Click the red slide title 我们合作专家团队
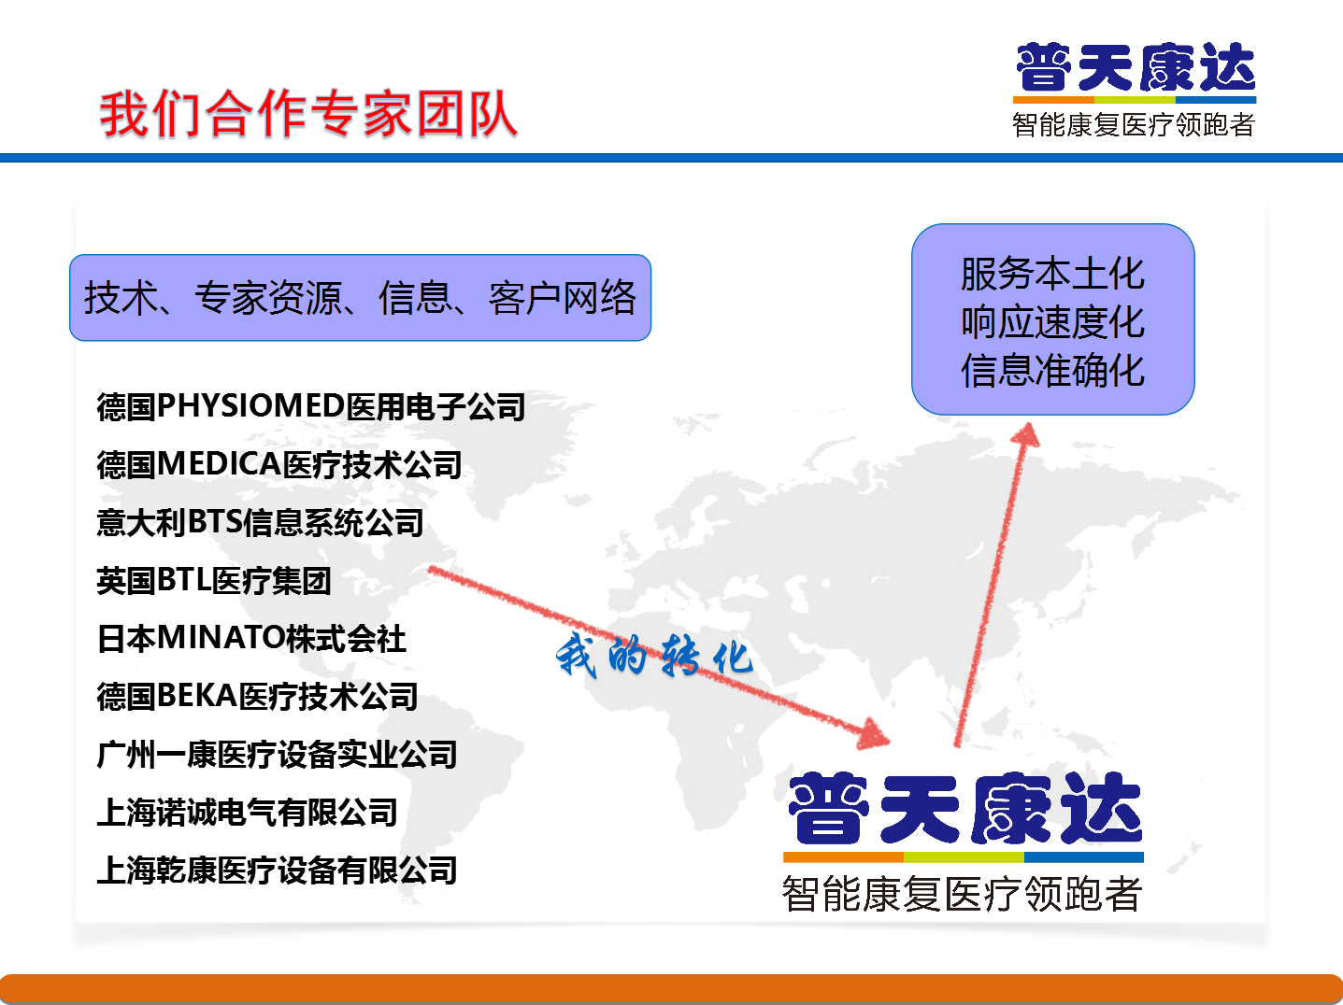pos(309,113)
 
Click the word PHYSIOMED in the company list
pos(250,405)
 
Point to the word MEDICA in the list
pos(219,463)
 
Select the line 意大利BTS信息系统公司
pos(260,522)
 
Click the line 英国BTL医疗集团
pos(213,580)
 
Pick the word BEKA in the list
pos(197,696)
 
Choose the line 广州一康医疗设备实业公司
pos(278,754)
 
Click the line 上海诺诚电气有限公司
pos(247,812)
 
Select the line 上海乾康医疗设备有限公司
pos(278,870)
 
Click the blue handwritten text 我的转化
pos(654,655)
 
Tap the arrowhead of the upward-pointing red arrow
pos(1026,434)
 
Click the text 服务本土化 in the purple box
pos(1052,274)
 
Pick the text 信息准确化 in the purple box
pos(1052,370)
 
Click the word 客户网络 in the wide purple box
pos(563,298)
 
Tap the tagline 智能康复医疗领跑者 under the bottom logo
pos(963,893)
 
